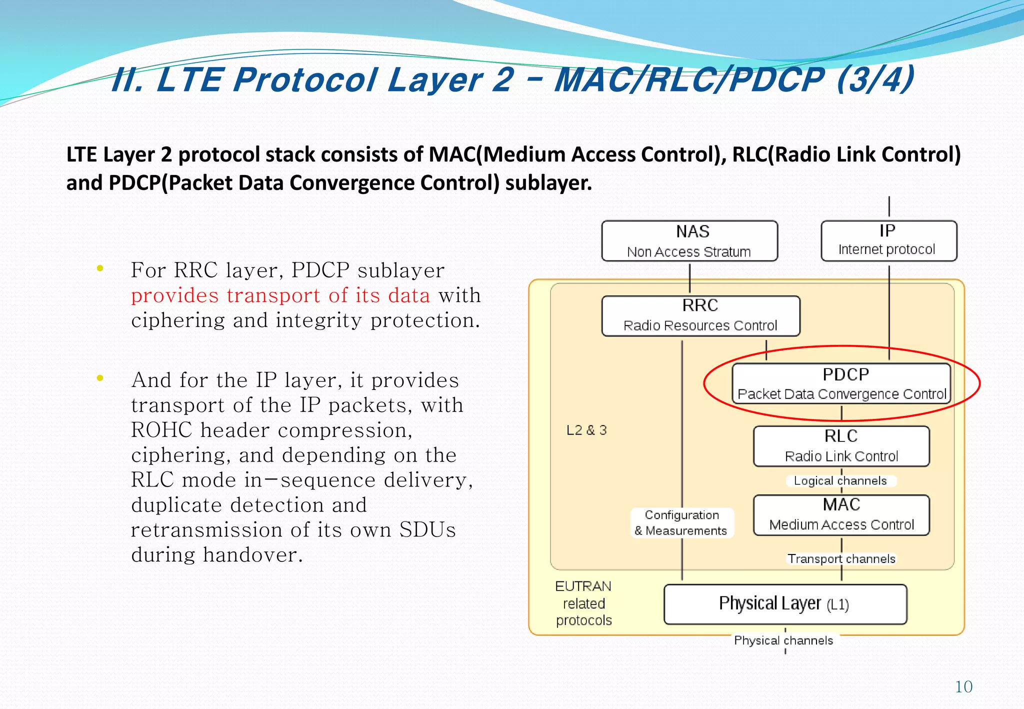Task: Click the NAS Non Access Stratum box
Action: [x=689, y=241]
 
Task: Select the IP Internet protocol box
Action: [x=888, y=240]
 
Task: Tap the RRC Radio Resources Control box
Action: [x=700, y=315]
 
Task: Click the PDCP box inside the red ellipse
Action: [x=841, y=383]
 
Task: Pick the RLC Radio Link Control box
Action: [x=841, y=446]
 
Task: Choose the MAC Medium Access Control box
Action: [x=841, y=515]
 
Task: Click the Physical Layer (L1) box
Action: [x=784, y=604]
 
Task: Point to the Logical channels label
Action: [x=840, y=481]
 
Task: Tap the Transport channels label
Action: [x=841, y=559]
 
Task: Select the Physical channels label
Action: [x=783, y=640]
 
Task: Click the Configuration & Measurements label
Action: [x=681, y=523]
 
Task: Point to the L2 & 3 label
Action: [x=586, y=430]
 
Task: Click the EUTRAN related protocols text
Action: [x=583, y=603]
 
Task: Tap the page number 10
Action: [x=963, y=687]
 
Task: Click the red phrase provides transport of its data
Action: [x=280, y=295]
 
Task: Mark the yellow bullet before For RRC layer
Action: [x=100, y=268]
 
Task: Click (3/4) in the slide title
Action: [x=875, y=79]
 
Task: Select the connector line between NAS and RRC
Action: [x=689, y=278]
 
